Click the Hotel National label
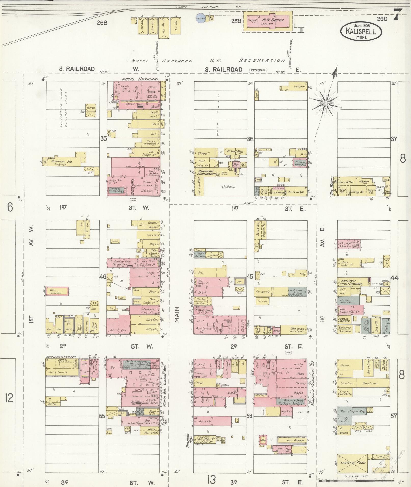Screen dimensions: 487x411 pyautogui.click(x=140, y=79)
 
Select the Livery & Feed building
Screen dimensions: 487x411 pyautogui.click(x=352, y=462)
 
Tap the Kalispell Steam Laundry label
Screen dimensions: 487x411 pyautogui.click(x=350, y=282)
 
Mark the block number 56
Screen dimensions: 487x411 pyautogui.click(x=249, y=416)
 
